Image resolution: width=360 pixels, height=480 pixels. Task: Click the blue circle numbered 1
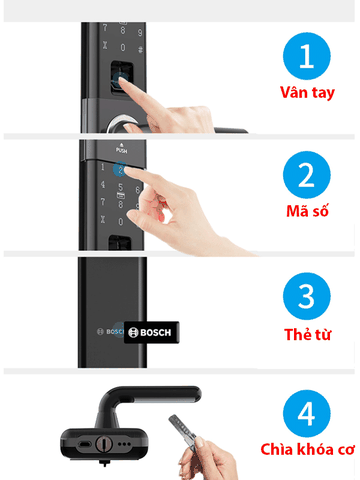[307, 56]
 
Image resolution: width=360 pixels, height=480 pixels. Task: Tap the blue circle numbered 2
[307, 175]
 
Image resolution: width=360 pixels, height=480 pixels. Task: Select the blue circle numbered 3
[307, 296]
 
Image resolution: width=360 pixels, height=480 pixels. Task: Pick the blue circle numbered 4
[307, 414]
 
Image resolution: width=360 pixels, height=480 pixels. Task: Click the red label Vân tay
[307, 93]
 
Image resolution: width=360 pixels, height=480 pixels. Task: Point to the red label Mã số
[307, 211]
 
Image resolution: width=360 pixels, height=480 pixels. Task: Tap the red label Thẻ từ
[307, 334]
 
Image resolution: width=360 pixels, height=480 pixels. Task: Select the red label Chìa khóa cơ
[307, 449]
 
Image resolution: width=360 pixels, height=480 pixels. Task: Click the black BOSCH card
[152, 332]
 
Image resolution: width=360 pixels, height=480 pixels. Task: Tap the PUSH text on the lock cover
[121, 150]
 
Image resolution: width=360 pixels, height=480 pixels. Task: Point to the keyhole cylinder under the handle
[103, 444]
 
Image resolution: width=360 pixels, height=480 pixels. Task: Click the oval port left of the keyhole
[85, 444]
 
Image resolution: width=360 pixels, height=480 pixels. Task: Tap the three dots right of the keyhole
[124, 444]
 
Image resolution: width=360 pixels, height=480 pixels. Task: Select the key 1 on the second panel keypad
[103, 167]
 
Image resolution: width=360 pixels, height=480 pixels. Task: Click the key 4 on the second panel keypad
[103, 184]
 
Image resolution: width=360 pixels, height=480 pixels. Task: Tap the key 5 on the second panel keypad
[120, 187]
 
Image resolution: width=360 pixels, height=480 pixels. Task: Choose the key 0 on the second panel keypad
[121, 222]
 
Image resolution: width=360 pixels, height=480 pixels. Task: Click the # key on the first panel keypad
[140, 50]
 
